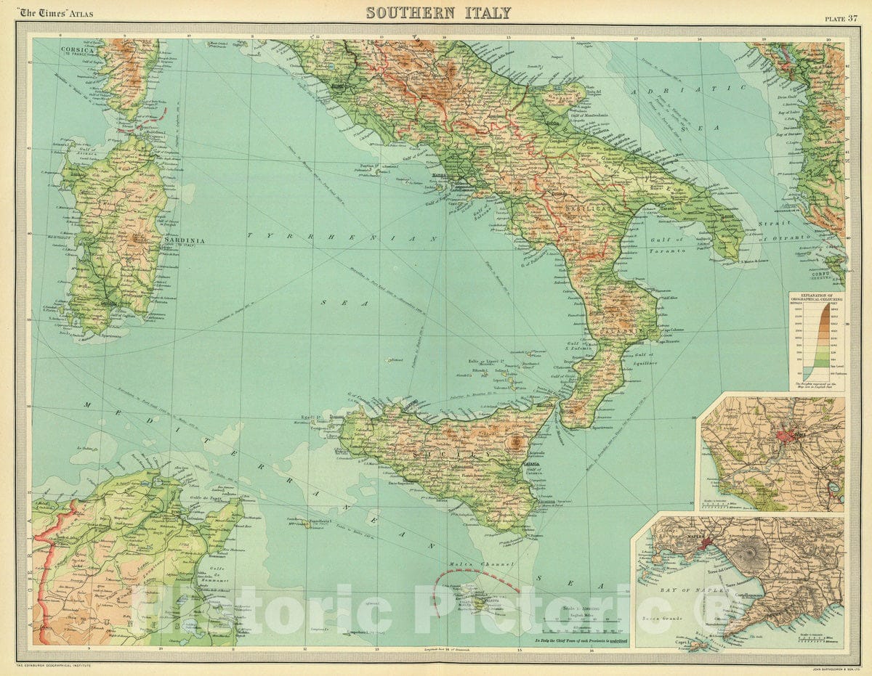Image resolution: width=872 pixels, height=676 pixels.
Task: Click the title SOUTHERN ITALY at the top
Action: [438, 13]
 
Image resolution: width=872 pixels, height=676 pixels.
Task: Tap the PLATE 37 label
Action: [841, 19]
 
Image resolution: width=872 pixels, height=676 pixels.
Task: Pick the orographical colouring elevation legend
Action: [817, 341]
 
